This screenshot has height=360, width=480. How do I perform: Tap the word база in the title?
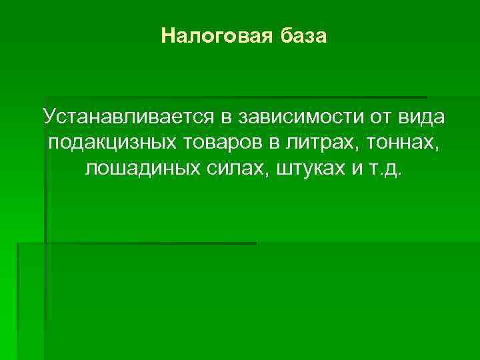(303, 35)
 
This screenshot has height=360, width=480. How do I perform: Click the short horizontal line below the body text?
(137, 243)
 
